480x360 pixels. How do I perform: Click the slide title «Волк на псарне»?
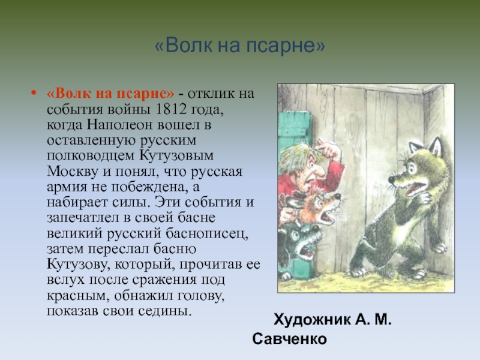pos(239,46)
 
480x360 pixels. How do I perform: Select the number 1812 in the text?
pos(171,109)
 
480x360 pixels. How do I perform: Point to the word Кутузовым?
pos(176,155)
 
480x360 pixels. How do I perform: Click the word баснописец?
pos(207,234)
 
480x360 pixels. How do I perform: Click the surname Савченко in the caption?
pos(290,339)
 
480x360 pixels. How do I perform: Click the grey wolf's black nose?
pos(392,179)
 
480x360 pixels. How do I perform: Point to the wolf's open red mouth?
pos(415,188)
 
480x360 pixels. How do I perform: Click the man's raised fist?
pos(328,148)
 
